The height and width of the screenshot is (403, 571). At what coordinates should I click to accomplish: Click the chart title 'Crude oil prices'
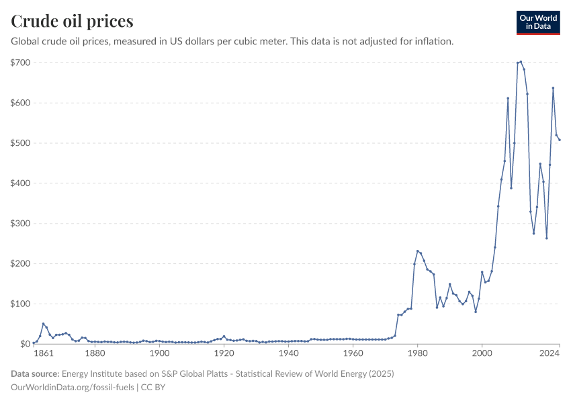pos(72,21)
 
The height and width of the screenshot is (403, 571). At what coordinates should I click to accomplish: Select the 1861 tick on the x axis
pos(42,353)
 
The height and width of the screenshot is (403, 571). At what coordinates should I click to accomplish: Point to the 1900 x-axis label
pos(159,353)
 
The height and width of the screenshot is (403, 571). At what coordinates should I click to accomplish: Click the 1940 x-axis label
pos(288,353)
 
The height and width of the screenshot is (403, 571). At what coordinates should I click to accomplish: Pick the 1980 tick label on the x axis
pos(417,353)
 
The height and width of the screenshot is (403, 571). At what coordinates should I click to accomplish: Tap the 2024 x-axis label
pos(550,353)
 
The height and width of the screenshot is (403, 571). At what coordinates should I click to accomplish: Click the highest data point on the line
pos(521,62)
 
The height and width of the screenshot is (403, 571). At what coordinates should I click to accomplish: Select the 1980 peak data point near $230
pos(417,251)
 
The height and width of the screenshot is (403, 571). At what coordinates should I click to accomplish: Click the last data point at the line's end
pos(560,140)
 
